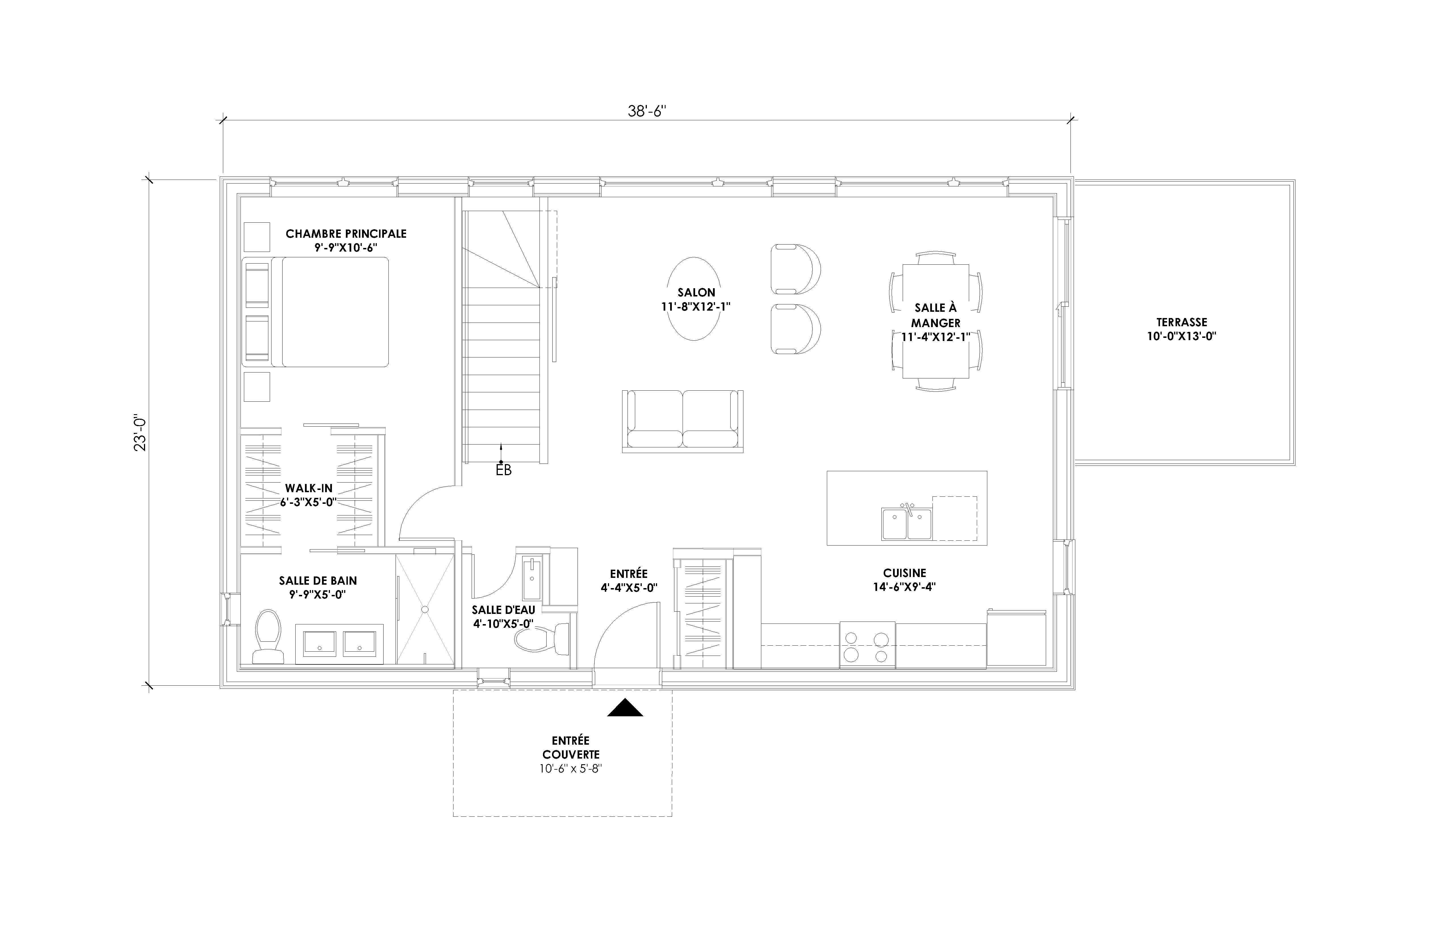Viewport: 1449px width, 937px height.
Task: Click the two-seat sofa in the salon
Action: tap(683, 421)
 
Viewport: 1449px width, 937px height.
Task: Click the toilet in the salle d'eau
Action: tap(541, 639)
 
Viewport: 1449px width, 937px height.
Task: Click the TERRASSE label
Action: tap(1182, 323)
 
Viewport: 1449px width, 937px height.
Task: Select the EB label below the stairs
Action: tap(503, 470)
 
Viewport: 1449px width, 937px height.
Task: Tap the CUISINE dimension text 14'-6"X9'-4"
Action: tap(904, 587)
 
